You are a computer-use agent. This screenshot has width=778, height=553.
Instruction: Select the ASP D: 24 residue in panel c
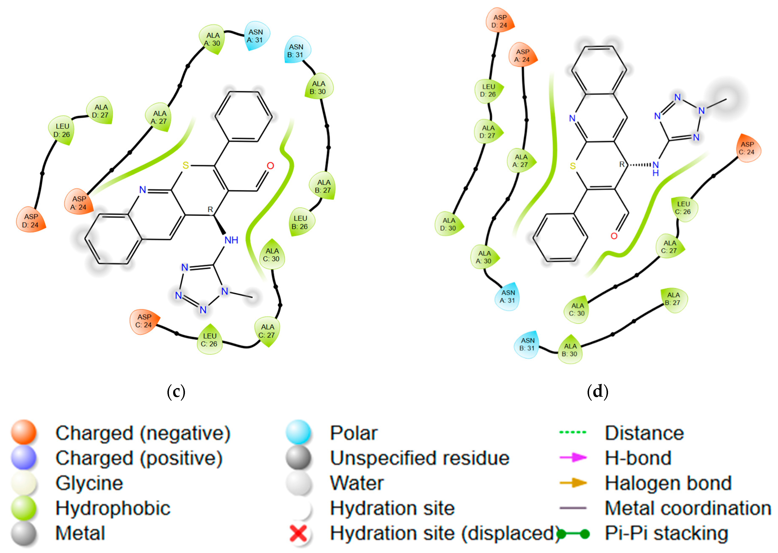pos(31,220)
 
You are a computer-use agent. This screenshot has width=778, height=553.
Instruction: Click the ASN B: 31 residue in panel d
pos(527,344)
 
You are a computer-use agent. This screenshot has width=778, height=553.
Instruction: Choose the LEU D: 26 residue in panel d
pos(488,90)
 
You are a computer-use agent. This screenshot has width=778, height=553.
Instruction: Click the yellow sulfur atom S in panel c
pos(185,166)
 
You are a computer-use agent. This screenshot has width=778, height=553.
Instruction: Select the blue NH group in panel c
pos(231,240)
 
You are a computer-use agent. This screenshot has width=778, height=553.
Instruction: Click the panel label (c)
pos(176,392)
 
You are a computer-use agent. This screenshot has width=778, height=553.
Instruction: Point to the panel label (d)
pos(597,392)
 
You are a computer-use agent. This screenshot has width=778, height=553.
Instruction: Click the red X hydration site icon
pos(299,533)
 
